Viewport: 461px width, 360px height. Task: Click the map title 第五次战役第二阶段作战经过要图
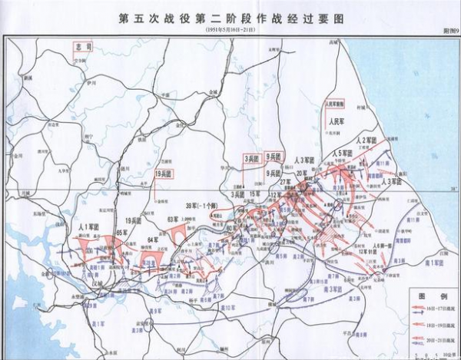(x=230, y=17)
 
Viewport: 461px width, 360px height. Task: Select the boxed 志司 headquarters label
(x=82, y=47)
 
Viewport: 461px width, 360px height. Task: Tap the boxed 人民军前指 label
(x=336, y=103)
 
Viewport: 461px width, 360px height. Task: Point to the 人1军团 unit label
(x=91, y=228)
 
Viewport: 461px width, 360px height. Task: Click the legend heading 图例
(x=427, y=295)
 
